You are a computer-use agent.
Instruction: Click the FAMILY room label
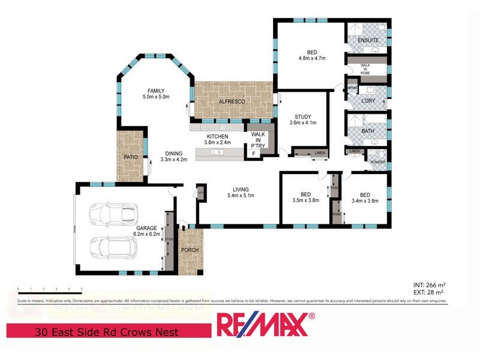tap(156, 90)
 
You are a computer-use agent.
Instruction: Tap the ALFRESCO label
tap(232, 103)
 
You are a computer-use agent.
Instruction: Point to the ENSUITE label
tap(368, 40)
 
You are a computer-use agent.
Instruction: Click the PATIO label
tap(131, 157)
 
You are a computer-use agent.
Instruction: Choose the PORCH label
tap(190, 250)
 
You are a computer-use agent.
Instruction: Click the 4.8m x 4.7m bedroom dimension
tap(311, 59)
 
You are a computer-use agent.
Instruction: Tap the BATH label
tap(367, 131)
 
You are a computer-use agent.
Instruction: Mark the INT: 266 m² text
tap(428, 284)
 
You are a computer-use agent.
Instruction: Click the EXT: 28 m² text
tap(428, 292)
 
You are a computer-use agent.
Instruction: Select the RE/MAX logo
tap(265, 325)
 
